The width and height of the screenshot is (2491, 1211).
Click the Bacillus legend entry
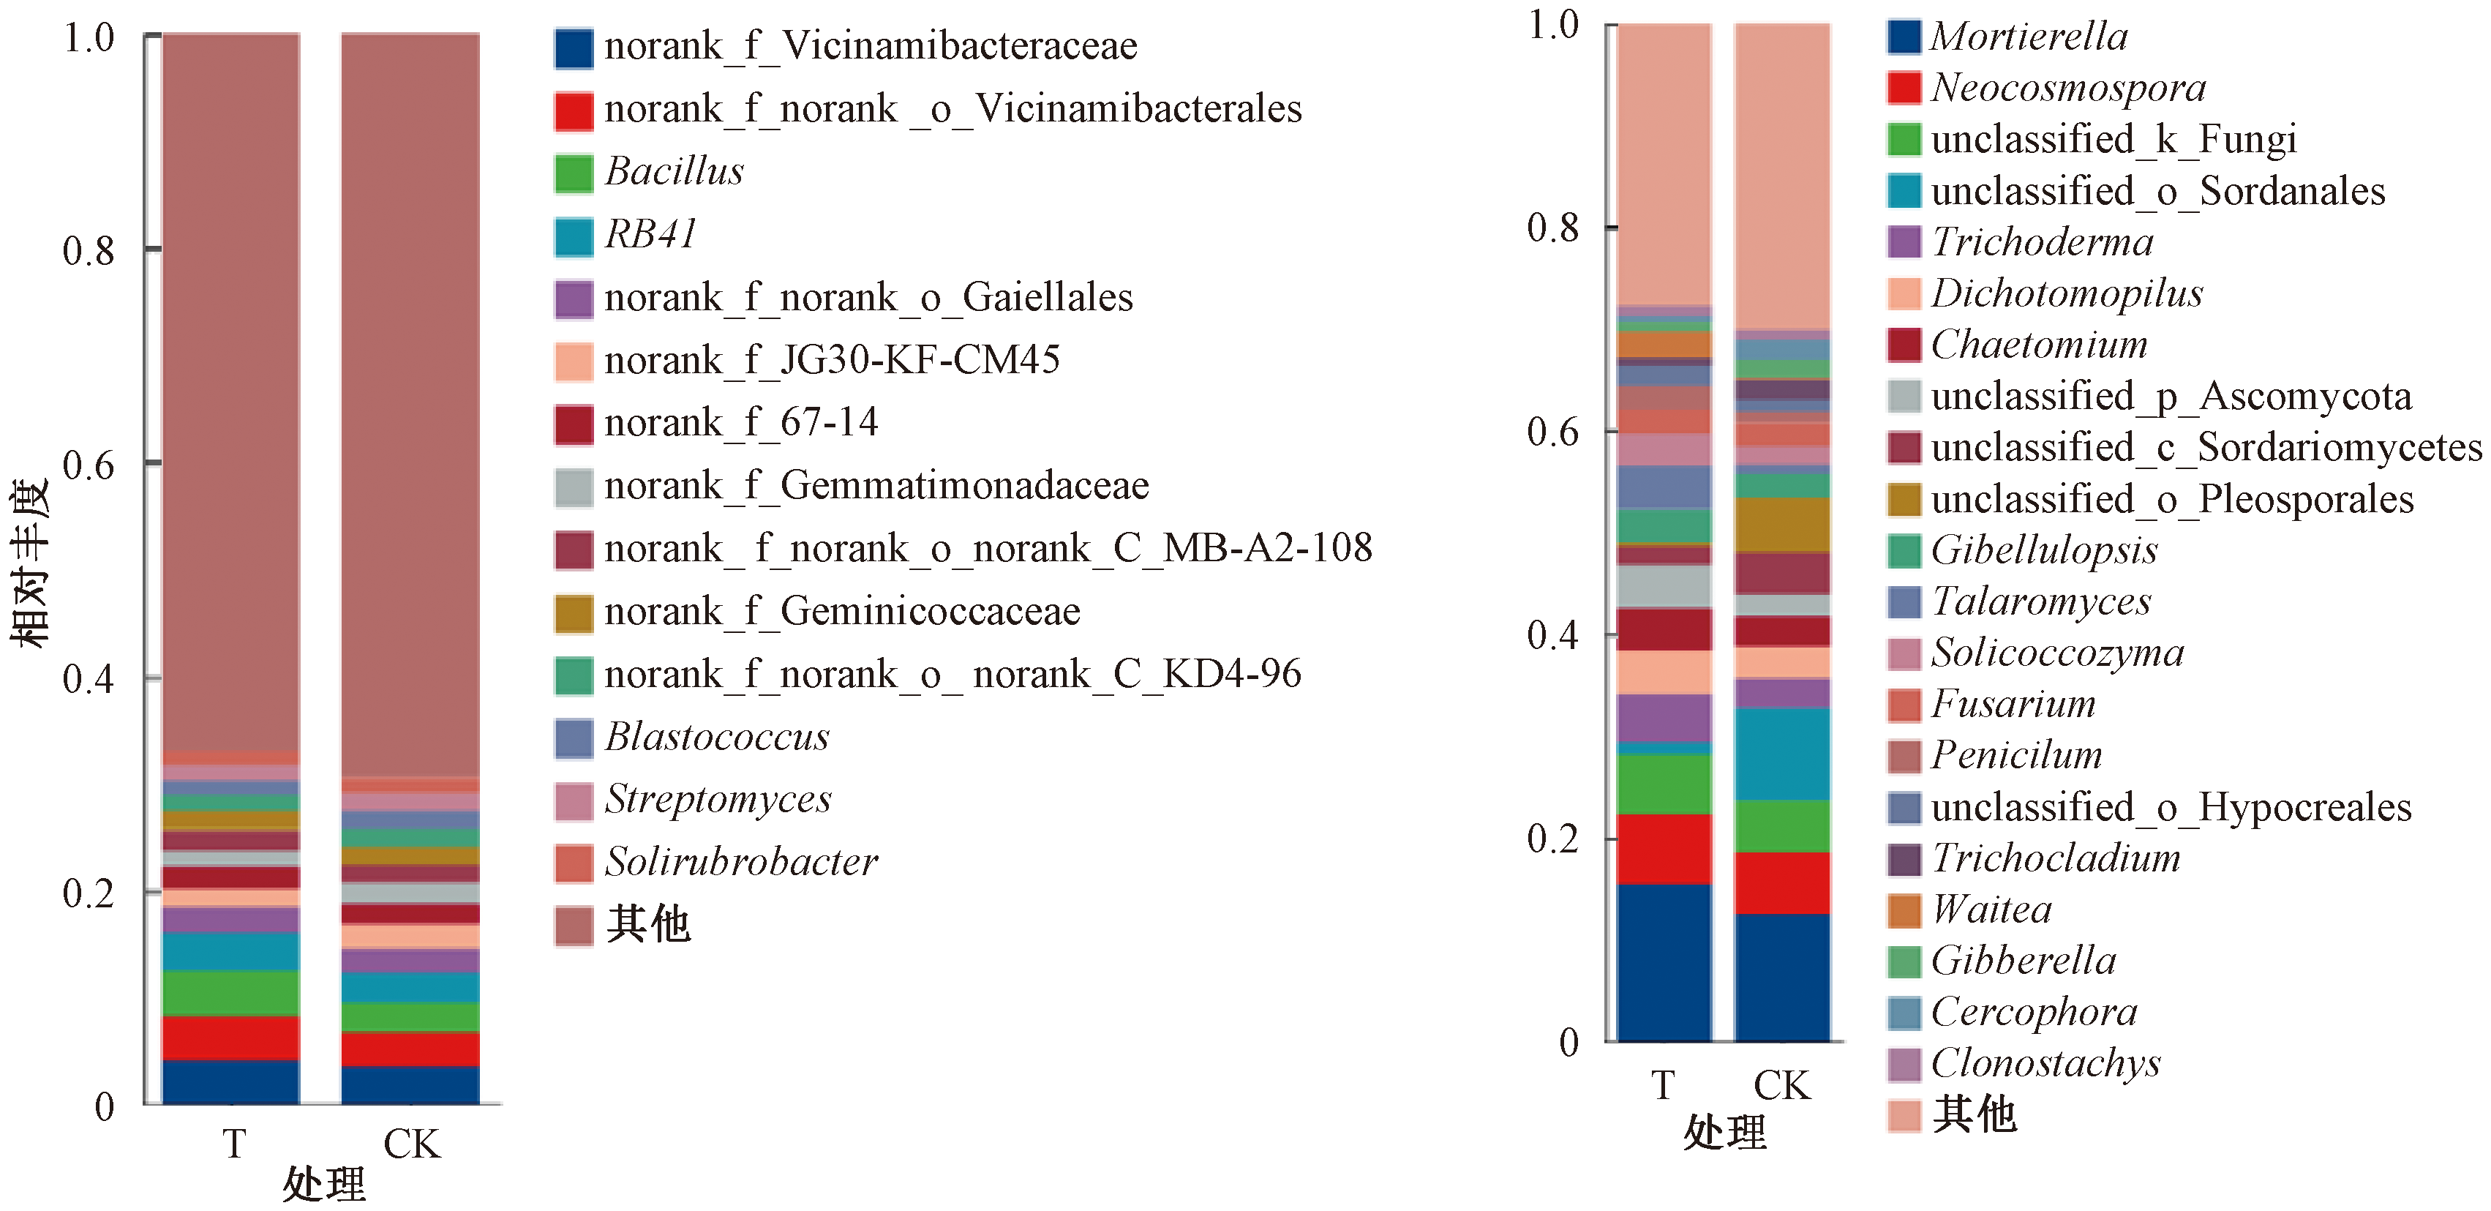[x=674, y=172]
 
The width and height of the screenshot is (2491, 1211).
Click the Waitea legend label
[x=1991, y=910]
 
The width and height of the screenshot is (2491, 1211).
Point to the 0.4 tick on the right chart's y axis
[x=1552, y=635]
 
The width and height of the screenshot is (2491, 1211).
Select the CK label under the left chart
[x=411, y=1145]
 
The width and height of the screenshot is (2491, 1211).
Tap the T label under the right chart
[x=1662, y=1086]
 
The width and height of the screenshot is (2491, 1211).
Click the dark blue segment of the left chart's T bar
[x=230, y=1081]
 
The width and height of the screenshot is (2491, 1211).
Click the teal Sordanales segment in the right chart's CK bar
[x=1782, y=754]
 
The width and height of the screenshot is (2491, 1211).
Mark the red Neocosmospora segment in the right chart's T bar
[x=1664, y=850]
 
